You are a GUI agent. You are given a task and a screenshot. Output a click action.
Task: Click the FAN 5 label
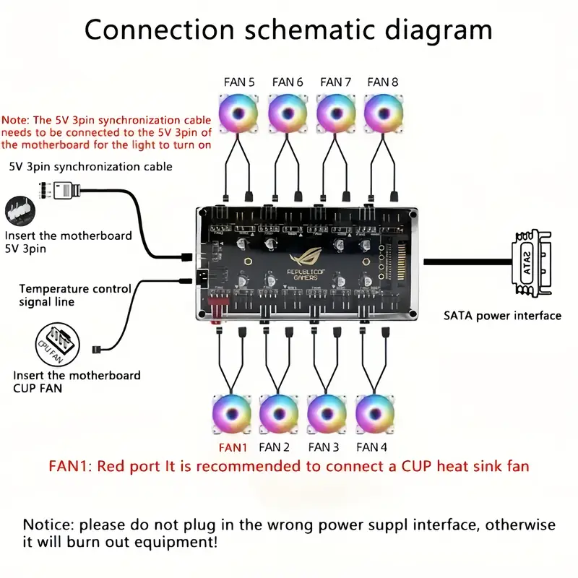pyautogui.click(x=239, y=82)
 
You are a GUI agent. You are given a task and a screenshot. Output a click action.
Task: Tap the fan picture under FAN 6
pyautogui.click(x=288, y=113)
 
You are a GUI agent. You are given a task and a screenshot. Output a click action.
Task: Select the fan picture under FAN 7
pyautogui.click(x=335, y=113)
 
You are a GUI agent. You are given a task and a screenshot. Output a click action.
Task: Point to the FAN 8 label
pyautogui.click(x=383, y=82)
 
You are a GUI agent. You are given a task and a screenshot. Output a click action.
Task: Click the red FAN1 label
pyautogui.click(x=233, y=447)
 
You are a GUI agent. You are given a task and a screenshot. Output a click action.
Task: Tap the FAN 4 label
pyautogui.click(x=371, y=447)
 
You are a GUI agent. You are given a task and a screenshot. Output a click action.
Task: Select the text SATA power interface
pyautogui.click(x=502, y=316)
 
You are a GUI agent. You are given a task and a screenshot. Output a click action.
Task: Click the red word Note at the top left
pyautogui.click(x=15, y=120)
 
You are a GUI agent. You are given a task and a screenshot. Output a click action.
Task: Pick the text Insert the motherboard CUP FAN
pyautogui.click(x=77, y=381)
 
